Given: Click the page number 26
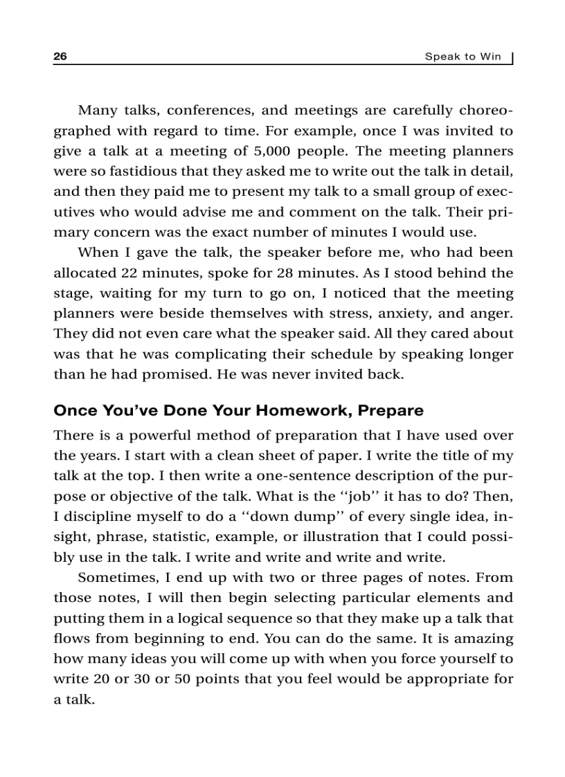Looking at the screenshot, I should tap(60, 57).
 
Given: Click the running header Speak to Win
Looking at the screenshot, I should tap(463, 57).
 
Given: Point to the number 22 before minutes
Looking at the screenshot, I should tap(129, 273).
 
